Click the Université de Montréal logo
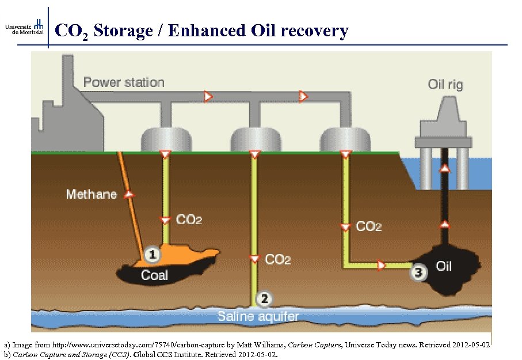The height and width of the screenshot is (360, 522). click(25, 26)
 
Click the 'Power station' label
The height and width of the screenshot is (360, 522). click(124, 82)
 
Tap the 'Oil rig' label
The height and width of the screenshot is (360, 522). click(445, 85)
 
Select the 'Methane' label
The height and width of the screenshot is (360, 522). click(92, 194)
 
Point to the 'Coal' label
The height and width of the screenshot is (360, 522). click(154, 275)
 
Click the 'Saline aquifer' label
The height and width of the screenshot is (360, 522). click(258, 316)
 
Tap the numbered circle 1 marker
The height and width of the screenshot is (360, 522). click(151, 253)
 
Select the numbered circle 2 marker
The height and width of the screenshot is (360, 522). click(264, 298)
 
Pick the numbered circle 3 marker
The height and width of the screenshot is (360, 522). click(418, 272)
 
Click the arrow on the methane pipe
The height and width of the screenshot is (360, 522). click(129, 195)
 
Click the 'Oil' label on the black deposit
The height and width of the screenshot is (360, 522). click(444, 266)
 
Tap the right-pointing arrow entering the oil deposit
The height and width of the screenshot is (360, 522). click(381, 266)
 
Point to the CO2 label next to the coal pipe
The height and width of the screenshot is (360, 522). click(189, 220)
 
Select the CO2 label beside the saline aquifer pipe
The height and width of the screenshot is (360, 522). click(277, 260)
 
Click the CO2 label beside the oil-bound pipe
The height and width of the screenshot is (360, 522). click(369, 226)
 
